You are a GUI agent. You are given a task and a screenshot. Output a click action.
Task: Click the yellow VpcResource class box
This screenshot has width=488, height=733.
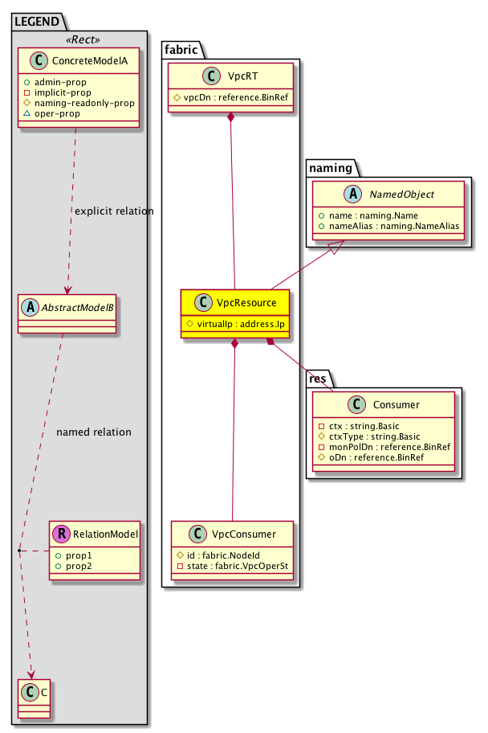click(233, 312)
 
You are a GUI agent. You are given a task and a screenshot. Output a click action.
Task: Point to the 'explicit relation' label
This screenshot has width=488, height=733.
click(113, 211)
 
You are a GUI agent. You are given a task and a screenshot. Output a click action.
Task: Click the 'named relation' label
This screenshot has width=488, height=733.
click(94, 432)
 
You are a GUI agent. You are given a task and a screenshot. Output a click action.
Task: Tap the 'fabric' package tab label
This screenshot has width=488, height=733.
click(180, 47)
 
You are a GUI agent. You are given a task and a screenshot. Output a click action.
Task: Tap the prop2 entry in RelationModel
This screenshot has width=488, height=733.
click(76, 567)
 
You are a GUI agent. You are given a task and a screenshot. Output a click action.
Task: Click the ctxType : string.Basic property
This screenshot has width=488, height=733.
click(369, 436)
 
